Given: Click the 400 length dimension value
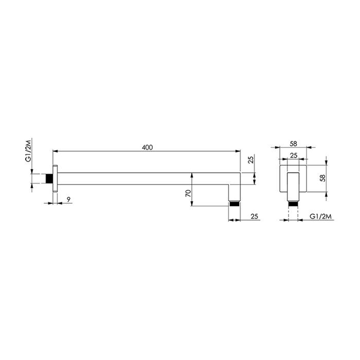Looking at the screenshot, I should (147, 148).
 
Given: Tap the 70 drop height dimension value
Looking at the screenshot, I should (188, 194).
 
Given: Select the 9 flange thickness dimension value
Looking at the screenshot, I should (68, 199).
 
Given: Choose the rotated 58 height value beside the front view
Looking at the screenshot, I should (322, 177).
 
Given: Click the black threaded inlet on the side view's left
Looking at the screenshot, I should (49, 178).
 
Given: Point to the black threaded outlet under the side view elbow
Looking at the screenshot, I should (235, 203).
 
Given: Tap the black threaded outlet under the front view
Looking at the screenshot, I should (293, 203).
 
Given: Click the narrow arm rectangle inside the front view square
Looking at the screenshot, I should (293, 185).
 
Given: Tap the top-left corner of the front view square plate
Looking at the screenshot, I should (279, 164).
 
